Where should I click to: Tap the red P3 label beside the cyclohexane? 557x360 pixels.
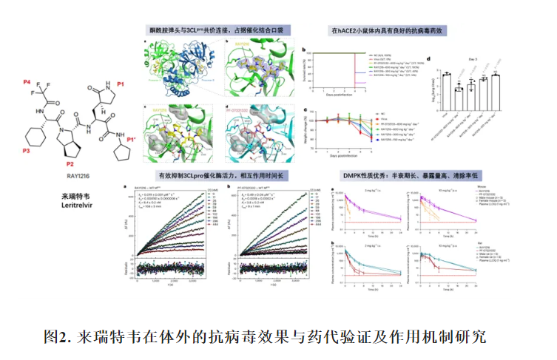(27, 151)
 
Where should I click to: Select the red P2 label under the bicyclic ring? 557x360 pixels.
(70, 163)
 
